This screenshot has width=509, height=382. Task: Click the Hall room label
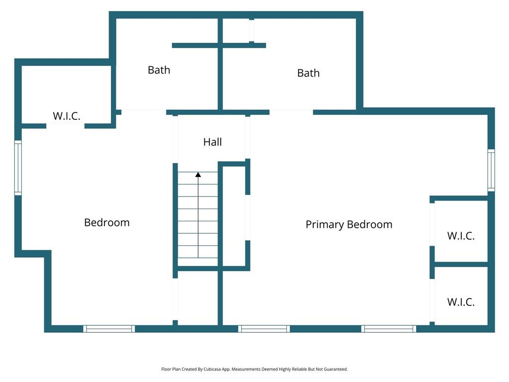tap(213, 142)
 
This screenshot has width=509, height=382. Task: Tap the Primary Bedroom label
tap(349, 224)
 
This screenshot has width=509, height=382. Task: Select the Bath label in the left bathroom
tap(159, 70)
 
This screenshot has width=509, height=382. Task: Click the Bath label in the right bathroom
tap(308, 73)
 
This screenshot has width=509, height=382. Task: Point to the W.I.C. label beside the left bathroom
tap(67, 116)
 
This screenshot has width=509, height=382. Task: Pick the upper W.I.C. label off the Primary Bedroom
tap(461, 236)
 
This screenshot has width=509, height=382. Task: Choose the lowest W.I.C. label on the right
tap(461, 302)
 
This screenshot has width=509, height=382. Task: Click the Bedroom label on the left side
tap(107, 222)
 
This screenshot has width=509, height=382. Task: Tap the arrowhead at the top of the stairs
tap(198, 175)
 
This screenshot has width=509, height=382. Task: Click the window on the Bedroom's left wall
tap(18, 168)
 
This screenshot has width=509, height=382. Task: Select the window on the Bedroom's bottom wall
tap(109, 329)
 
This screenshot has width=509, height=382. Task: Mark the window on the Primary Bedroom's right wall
tap(492, 170)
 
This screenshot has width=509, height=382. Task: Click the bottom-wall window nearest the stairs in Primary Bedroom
tap(264, 329)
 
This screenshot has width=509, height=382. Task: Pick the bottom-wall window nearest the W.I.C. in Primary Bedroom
tap(389, 329)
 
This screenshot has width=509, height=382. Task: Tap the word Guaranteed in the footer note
tap(336, 369)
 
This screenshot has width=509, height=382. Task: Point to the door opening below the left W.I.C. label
tap(65, 126)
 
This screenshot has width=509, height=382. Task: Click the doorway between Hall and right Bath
tap(291, 112)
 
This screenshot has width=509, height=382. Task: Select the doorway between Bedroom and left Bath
tap(144, 112)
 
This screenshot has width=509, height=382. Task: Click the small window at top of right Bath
tap(252, 30)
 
